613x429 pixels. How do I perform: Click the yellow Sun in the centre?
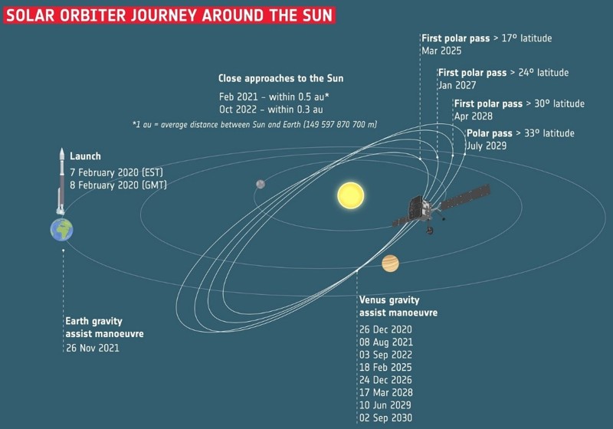pos(351,195)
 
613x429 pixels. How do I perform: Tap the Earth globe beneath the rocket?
pos(62,229)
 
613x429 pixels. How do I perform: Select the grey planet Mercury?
pos(261,184)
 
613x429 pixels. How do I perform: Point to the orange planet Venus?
pos(390,264)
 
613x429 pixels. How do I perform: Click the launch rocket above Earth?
pos(61,181)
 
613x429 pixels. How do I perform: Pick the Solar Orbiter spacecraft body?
pos(419,210)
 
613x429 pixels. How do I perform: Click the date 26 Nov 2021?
pos(93,348)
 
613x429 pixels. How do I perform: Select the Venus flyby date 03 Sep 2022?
pos(386,355)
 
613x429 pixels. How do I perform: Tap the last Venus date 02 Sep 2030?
pos(386,418)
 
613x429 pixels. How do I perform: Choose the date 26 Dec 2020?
pos(385,329)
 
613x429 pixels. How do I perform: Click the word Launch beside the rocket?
pos(85,156)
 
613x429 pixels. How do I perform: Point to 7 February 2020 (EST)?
pos(116,172)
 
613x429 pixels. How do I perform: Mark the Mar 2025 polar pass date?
pos(441,51)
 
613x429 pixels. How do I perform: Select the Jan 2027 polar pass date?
pos(457,85)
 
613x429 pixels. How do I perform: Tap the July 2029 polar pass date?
pos(487,146)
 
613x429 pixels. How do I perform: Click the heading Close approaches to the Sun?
pos(280,78)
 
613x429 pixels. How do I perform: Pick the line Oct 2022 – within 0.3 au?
pos(271,110)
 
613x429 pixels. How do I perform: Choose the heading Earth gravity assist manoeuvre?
pos(104,327)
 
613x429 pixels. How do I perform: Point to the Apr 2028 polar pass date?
pos(474,116)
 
